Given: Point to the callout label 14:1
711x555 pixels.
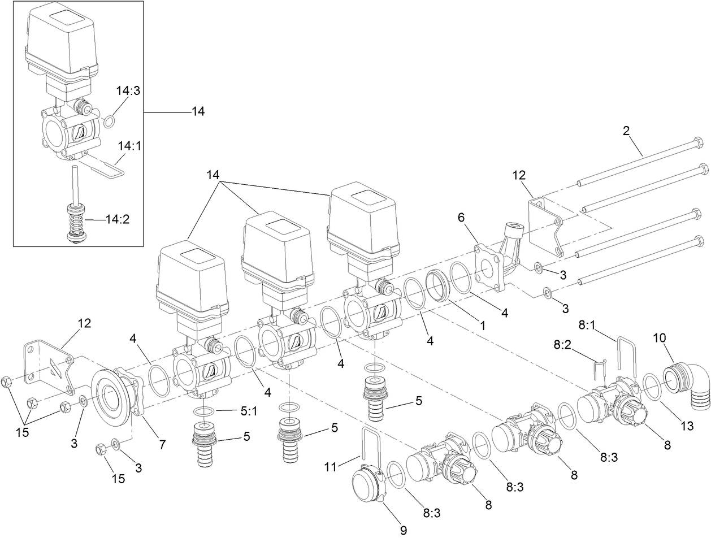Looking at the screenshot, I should click(129, 146).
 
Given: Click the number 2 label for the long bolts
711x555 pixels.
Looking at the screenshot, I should click(626, 131).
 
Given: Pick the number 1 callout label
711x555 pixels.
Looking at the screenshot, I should click(482, 326).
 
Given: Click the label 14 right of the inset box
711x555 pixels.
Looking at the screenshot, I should click(197, 111).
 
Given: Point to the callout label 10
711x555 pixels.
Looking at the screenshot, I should click(660, 339).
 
